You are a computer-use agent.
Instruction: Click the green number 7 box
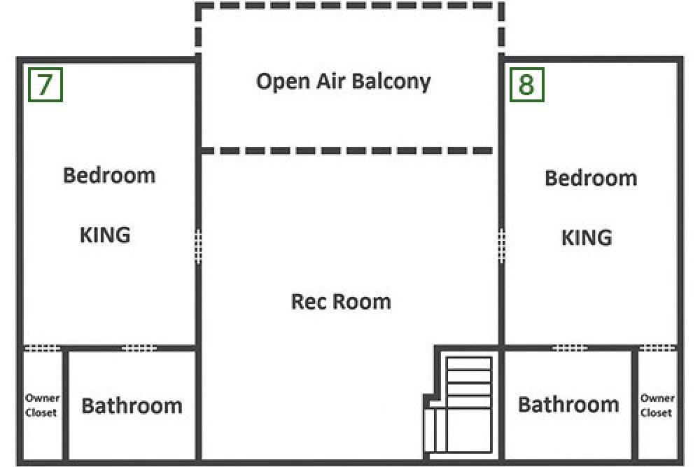(45, 85)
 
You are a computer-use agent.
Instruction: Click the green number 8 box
(527, 85)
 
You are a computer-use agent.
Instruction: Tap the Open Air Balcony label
(343, 82)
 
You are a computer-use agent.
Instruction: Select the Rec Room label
(341, 301)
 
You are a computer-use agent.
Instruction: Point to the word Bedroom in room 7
(109, 175)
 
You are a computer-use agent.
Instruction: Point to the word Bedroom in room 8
(591, 178)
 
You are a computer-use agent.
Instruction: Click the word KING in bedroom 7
(105, 235)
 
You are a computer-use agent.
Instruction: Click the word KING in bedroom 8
(587, 237)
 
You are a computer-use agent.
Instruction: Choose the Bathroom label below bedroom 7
(132, 406)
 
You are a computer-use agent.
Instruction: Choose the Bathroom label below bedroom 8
(568, 405)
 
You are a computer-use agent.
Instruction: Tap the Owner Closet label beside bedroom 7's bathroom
(42, 405)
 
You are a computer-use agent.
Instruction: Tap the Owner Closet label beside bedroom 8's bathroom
(657, 405)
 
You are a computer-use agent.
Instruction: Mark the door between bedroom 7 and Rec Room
(198, 246)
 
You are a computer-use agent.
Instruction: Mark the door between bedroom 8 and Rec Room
(501, 245)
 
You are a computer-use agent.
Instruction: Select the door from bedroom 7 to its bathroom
(139, 348)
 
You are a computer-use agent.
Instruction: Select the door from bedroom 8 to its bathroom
(570, 347)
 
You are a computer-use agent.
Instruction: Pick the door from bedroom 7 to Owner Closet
(42, 348)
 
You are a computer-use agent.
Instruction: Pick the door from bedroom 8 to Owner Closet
(657, 347)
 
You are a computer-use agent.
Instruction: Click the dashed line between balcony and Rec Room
(347, 151)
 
